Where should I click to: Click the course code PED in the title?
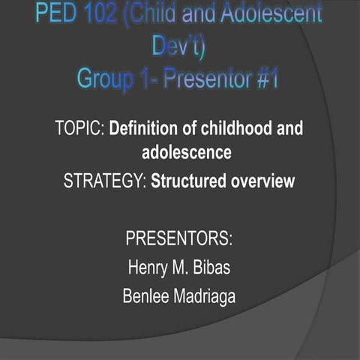click(x=58, y=14)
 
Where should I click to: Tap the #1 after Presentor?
click(x=267, y=79)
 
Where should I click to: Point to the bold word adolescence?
click(x=186, y=153)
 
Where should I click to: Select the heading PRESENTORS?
click(x=179, y=240)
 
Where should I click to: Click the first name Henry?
click(x=148, y=268)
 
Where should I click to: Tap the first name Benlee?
click(x=147, y=296)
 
